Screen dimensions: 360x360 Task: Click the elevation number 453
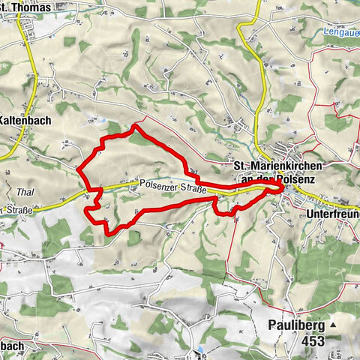[x=313, y=341]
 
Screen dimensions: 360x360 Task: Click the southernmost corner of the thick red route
[x=109, y=233]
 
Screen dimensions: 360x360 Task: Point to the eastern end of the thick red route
[x=282, y=186]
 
